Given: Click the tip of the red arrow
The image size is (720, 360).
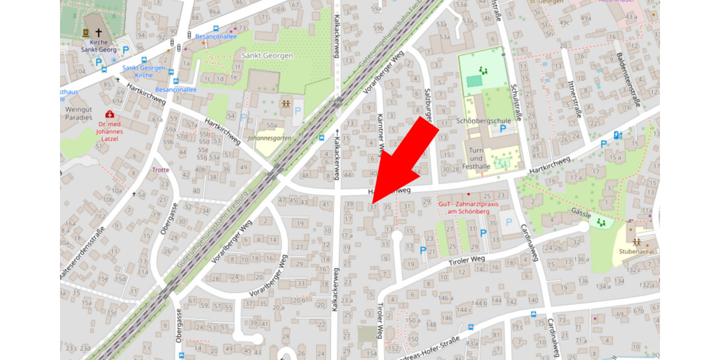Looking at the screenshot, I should [372, 202].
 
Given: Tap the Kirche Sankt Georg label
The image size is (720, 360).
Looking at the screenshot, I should [99, 46].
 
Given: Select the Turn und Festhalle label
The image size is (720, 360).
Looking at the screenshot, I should [476, 158].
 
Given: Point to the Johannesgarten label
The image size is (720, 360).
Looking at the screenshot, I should [273, 138].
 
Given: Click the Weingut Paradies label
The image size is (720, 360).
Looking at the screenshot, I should [79, 113].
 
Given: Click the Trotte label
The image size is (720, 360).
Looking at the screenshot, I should [161, 170].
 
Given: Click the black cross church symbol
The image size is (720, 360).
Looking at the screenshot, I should [98, 34].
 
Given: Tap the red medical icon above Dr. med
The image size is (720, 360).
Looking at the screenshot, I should [109, 114].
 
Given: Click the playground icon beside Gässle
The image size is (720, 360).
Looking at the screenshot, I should [601, 222].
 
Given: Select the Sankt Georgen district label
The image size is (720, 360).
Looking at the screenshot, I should [267, 56].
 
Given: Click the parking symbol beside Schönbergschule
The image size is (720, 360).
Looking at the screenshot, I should [503, 128].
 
